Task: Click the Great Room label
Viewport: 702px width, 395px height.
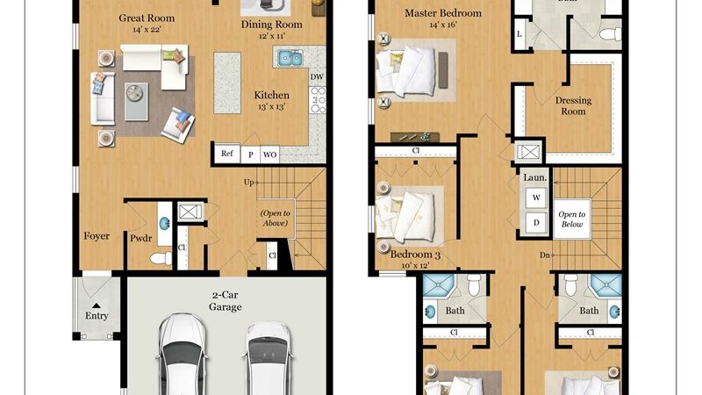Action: [x=147, y=18]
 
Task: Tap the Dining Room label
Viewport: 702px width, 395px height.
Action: [x=272, y=25]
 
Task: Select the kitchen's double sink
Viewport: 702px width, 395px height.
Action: [x=290, y=58]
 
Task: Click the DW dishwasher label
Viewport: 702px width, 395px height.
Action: [x=317, y=77]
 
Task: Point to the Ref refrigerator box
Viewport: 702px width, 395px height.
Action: [x=227, y=154]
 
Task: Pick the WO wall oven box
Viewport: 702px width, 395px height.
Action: [x=269, y=154]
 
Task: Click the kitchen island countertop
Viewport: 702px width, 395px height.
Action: [x=227, y=83]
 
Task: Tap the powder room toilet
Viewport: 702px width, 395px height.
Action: [x=161, y=258]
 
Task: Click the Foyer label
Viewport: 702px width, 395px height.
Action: [x=97, y=236]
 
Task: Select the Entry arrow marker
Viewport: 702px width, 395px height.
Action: [x=97, y=305]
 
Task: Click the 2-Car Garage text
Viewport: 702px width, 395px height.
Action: [x=226, y=301]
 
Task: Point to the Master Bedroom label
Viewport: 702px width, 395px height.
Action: [x=443, y=13]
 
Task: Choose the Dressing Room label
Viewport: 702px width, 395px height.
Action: [x=574, y=105]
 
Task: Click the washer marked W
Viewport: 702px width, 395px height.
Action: [x=536, y=197]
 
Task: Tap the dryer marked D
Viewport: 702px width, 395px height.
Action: [x=536, y=223]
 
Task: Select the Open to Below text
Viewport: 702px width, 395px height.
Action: [x=572, y=219]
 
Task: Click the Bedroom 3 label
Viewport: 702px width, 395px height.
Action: [x=415, y=255]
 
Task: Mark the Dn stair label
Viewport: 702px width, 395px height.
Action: [x=544, y=255]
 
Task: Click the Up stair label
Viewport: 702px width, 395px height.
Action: [x=248, y=183]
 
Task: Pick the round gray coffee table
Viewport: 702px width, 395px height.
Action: [x=134, y=93]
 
